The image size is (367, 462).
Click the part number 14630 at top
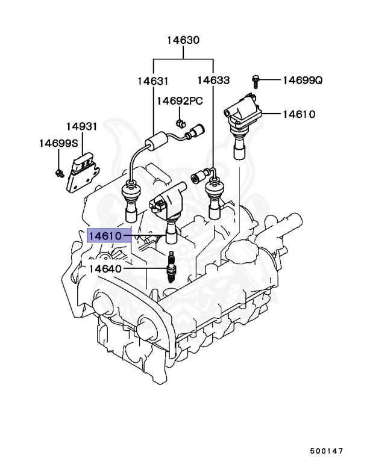pyautogui.click(x=183, y=41)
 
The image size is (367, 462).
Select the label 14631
pyautogui.click(x=152, y=81)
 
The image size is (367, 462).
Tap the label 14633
pyautogui.click(x=213, y=81)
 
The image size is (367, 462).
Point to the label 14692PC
pyautogui.click(x=180, y=100)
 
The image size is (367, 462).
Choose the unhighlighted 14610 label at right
pyautogui.click(x=299, y=114)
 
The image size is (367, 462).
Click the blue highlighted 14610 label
pyautogui.click(x=105, y=236)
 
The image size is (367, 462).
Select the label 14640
pyautogui.click(x=105, y=268)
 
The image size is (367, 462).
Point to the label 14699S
pyautogui.click(x=58, y=143)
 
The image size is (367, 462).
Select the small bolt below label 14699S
pyautogui.click(x=60, y=173)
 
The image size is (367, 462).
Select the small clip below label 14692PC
pyautogui.click(x=180, y=124)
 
